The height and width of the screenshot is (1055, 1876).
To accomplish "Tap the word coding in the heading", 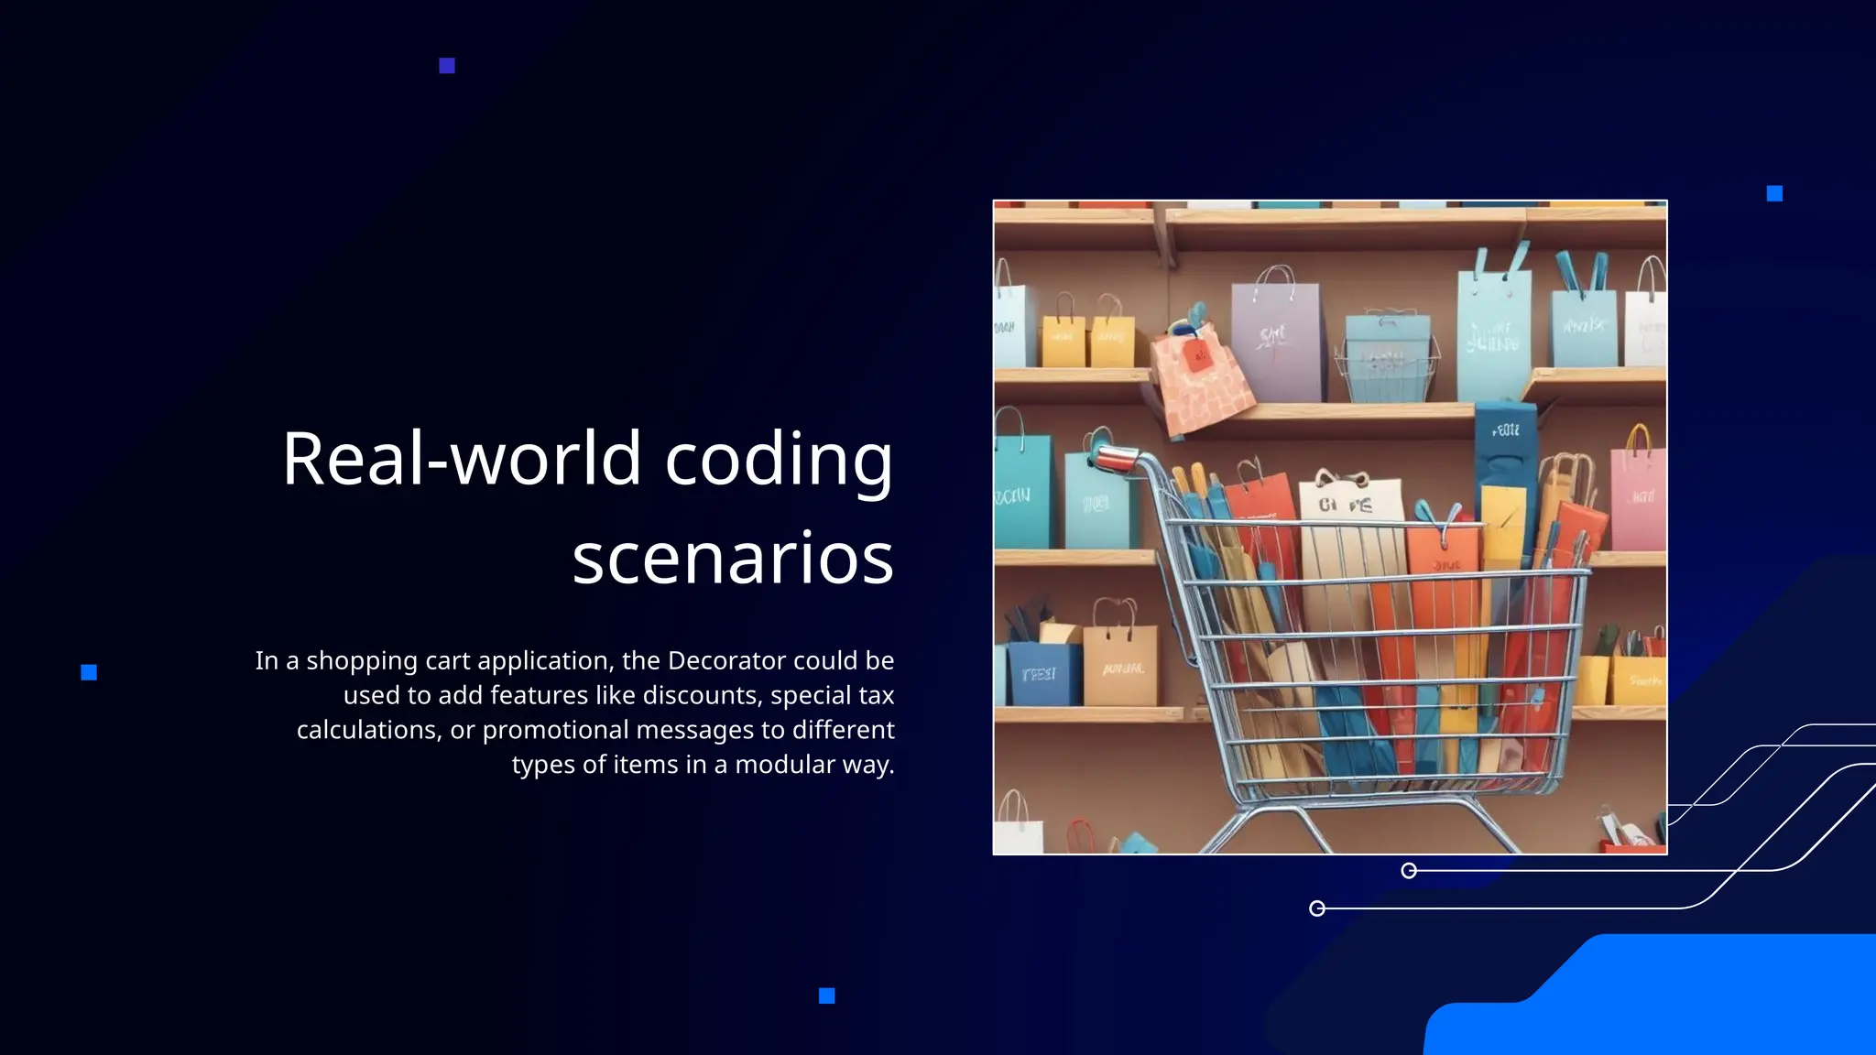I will click(778, 461).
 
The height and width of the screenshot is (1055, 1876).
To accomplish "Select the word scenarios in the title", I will click(732, 558).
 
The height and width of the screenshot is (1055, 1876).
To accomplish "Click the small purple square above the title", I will click(447, 66).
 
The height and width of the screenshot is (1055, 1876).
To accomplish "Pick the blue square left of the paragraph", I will click(89, 672).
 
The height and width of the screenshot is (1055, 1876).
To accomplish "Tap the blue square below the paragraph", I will click(826, 995).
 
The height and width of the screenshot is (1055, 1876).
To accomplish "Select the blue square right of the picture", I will click(1774, 193).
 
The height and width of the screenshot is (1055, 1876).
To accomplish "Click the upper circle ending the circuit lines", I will click(1409, 870).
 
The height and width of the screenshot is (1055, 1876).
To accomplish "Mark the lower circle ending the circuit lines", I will click(1317, 908).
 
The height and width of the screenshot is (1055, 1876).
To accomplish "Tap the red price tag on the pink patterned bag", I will click(1199, 354).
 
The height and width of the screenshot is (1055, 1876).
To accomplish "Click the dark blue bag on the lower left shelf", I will click(1042, 673).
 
